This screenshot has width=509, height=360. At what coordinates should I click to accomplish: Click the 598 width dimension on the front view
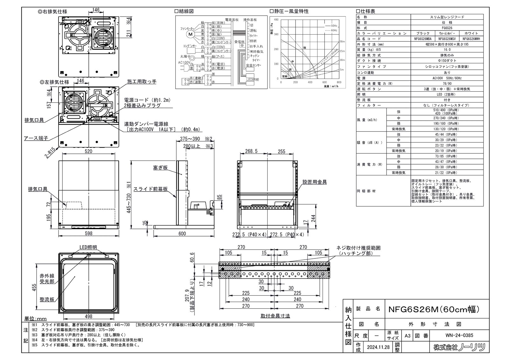89,233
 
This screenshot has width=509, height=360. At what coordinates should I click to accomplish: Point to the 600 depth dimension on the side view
182,234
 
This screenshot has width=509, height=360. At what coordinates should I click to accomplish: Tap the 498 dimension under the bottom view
89,316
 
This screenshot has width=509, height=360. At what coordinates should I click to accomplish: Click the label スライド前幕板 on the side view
155,189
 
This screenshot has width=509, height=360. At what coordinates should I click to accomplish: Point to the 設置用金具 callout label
314,182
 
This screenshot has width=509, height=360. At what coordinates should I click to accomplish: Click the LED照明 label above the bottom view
88,248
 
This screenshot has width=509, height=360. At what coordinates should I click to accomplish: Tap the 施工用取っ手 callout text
142,82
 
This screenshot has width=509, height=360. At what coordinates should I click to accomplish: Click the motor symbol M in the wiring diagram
191,34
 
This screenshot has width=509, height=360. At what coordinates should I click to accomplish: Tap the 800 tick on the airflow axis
339,82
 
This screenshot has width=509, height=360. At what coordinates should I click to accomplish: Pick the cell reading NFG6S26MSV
447,39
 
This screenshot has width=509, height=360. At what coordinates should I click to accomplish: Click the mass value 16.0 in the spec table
447,50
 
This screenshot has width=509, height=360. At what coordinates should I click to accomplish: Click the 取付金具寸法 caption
275,316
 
